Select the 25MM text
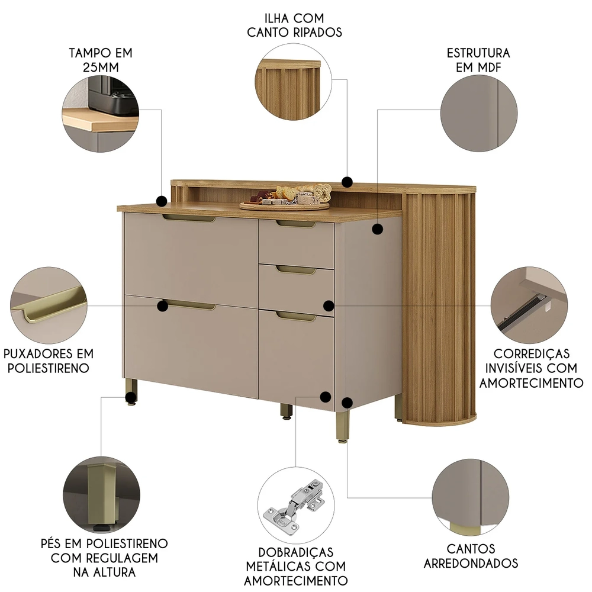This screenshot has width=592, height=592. [101, 67]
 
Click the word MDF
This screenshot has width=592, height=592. [490, 67]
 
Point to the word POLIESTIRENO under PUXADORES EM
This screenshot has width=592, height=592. [49, 368]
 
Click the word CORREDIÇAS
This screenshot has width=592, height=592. [532, 354]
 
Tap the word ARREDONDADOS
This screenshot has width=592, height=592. [471, 564]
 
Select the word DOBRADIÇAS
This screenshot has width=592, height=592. [295, 552]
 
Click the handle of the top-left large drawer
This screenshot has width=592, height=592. [189, 218]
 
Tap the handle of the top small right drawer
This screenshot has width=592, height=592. [295, 224]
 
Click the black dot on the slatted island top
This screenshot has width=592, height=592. [348, 182]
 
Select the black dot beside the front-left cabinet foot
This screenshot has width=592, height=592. [131, 397]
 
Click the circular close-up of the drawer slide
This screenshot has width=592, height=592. [529, 305]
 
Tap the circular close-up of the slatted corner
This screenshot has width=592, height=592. [294, 82]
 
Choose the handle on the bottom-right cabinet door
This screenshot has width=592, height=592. [295, 317]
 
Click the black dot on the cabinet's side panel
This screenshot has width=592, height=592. [378, 229]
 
